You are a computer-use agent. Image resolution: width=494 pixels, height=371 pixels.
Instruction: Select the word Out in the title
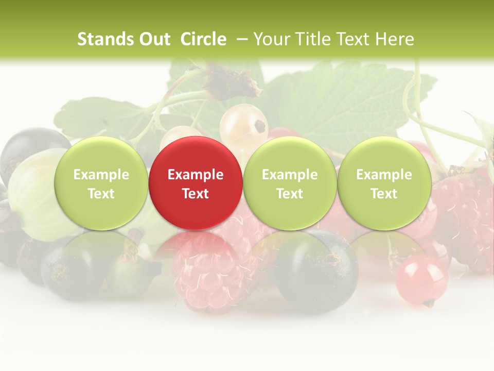[x=153, y=39]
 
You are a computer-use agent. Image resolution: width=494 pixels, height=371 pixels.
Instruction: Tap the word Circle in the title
[x=203, y=39]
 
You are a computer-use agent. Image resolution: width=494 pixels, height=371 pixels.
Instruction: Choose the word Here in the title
[x=395, y=39]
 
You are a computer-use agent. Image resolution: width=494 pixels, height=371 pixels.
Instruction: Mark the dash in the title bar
[x=241, y=39]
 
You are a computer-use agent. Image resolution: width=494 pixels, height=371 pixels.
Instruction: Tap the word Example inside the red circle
[x=196, y=175]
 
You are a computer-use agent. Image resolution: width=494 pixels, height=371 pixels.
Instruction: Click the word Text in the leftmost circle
[x=101, y=194]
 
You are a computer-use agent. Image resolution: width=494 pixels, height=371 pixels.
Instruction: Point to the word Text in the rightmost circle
[x=384, y=194]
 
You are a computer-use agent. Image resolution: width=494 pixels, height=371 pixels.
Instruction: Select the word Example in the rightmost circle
[x=384, y=175]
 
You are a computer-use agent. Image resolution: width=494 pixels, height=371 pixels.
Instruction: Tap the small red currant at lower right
[x=421, y=281]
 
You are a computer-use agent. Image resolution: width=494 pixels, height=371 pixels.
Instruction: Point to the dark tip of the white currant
[x=260, y=125]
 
